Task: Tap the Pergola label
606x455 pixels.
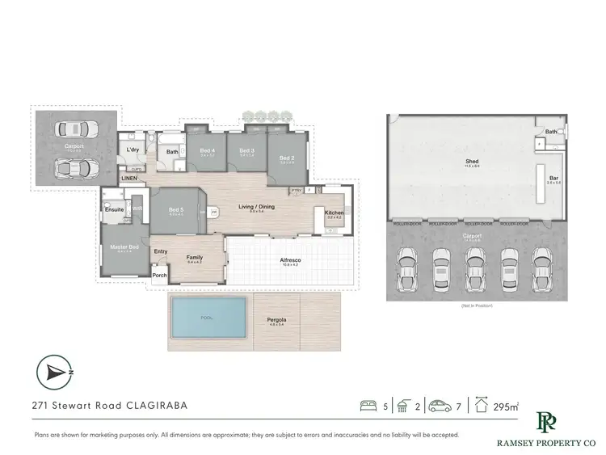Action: (276, 320)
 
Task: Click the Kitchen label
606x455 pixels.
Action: (334, 213)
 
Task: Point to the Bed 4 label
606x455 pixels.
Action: (208, 150)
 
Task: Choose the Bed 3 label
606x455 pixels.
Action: (247, 150)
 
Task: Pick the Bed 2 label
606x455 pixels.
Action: (287, 158)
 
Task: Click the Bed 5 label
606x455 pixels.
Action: (176, 211)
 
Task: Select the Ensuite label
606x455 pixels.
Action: (115, 209)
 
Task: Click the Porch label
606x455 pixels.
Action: (160, 275)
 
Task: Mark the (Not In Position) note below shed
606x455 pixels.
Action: (476, 306)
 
